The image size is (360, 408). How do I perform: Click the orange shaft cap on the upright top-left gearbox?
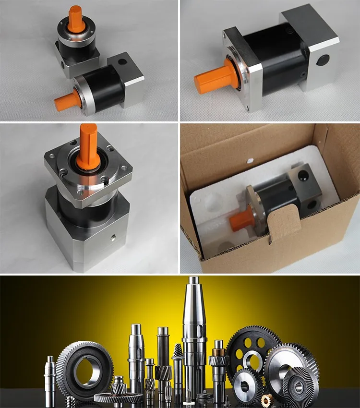76,17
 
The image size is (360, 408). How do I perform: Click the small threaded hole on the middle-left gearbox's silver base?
113,237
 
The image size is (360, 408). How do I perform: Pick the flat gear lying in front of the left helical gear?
118,397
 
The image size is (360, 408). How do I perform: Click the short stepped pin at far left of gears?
49,379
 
